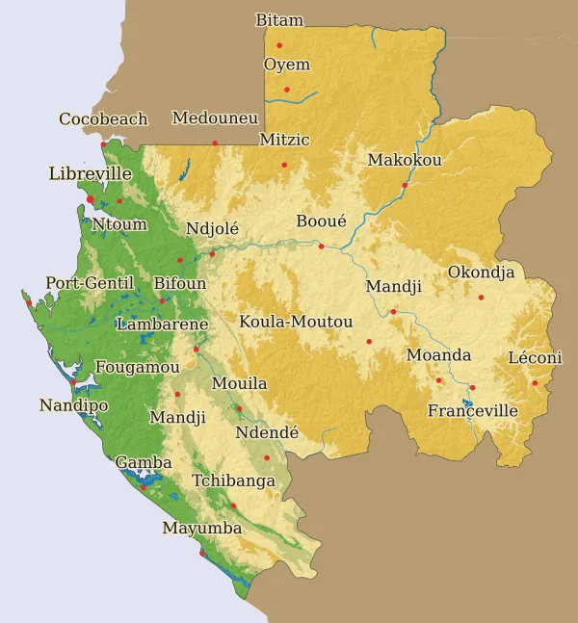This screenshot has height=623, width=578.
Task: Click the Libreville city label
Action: coord(90,174)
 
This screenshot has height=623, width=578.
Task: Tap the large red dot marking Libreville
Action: coord(91,199)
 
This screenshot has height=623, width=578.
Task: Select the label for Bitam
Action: coord(279,20)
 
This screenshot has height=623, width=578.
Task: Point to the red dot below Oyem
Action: coord(286,90)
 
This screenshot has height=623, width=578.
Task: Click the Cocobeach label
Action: coord(103,119)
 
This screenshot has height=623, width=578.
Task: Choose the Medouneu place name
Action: coord(215,118)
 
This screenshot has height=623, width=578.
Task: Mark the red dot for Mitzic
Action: coord(284,165)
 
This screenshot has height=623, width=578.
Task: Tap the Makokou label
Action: coord(405,160)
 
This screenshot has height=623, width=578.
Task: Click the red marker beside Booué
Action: coord(322,247)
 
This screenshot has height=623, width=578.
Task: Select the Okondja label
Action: coord(481,273)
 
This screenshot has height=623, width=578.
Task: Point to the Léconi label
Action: coord(535,358)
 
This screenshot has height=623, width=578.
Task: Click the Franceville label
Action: coord(473,411)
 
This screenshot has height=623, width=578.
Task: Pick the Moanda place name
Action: coord(438,355)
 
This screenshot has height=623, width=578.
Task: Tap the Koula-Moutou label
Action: coord(296,322)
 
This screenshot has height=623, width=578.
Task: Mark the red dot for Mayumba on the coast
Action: coord(201,553)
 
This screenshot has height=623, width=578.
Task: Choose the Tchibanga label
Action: coord(233,480)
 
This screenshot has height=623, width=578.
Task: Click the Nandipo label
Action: coord(73,405)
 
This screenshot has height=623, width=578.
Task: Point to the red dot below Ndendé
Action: coord(267,457)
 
